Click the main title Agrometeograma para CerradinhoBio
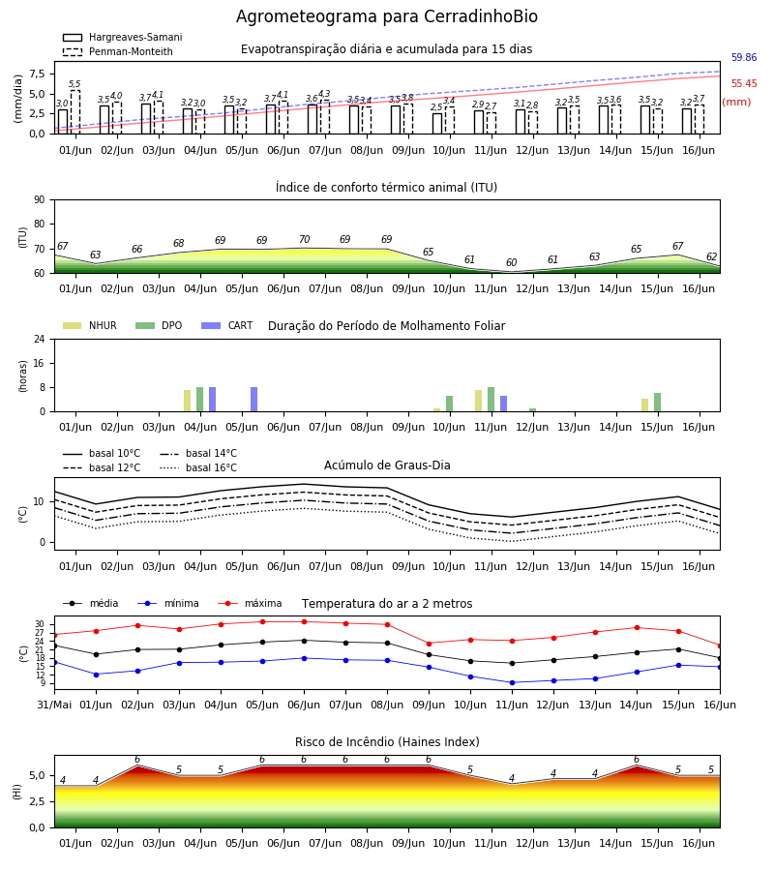click(386, 16)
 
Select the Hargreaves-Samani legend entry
click(123, 37)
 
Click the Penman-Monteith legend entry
click(118, 51)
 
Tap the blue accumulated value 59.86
click(744, 57)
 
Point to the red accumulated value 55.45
click(744, 83)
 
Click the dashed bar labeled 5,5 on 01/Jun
click(74, 111)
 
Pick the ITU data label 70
click(304, 239)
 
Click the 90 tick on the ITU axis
click(40, 200)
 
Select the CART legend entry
click(227, 325)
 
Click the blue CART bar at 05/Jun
click(253, 400)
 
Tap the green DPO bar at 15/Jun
click(657, 403)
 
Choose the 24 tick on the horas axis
click(40, 339)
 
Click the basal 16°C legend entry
click(198, 467)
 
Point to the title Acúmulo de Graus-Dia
click(387, 465)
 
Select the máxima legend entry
click(250, 603)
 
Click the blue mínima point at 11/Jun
click(512, 682)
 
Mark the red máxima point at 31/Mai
click(54, 635)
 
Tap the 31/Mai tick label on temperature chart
click(54, 705)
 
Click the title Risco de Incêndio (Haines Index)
click(387, 742)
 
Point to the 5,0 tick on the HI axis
click(37, 776)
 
